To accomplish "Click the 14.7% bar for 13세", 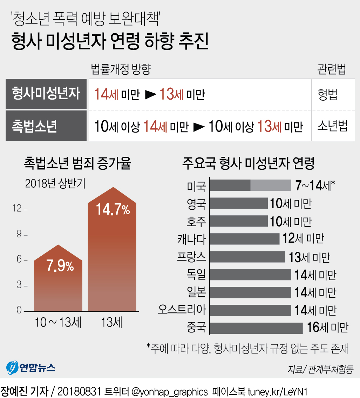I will coord(112,256).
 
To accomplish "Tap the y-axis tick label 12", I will coord(17,208).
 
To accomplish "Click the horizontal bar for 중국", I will coord(256,328).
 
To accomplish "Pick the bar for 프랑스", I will coord(247,257).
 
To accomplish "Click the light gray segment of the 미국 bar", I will coord(271,185).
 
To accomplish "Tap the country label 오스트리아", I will coord(182,310).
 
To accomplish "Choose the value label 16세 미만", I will coord(327,328).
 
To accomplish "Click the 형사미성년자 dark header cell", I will coord(46,94).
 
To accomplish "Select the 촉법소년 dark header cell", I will coord(46,126).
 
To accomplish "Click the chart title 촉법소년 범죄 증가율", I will coord(77,163).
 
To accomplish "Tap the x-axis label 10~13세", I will coord(58,322).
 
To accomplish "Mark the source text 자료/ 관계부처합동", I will coord(320,369).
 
